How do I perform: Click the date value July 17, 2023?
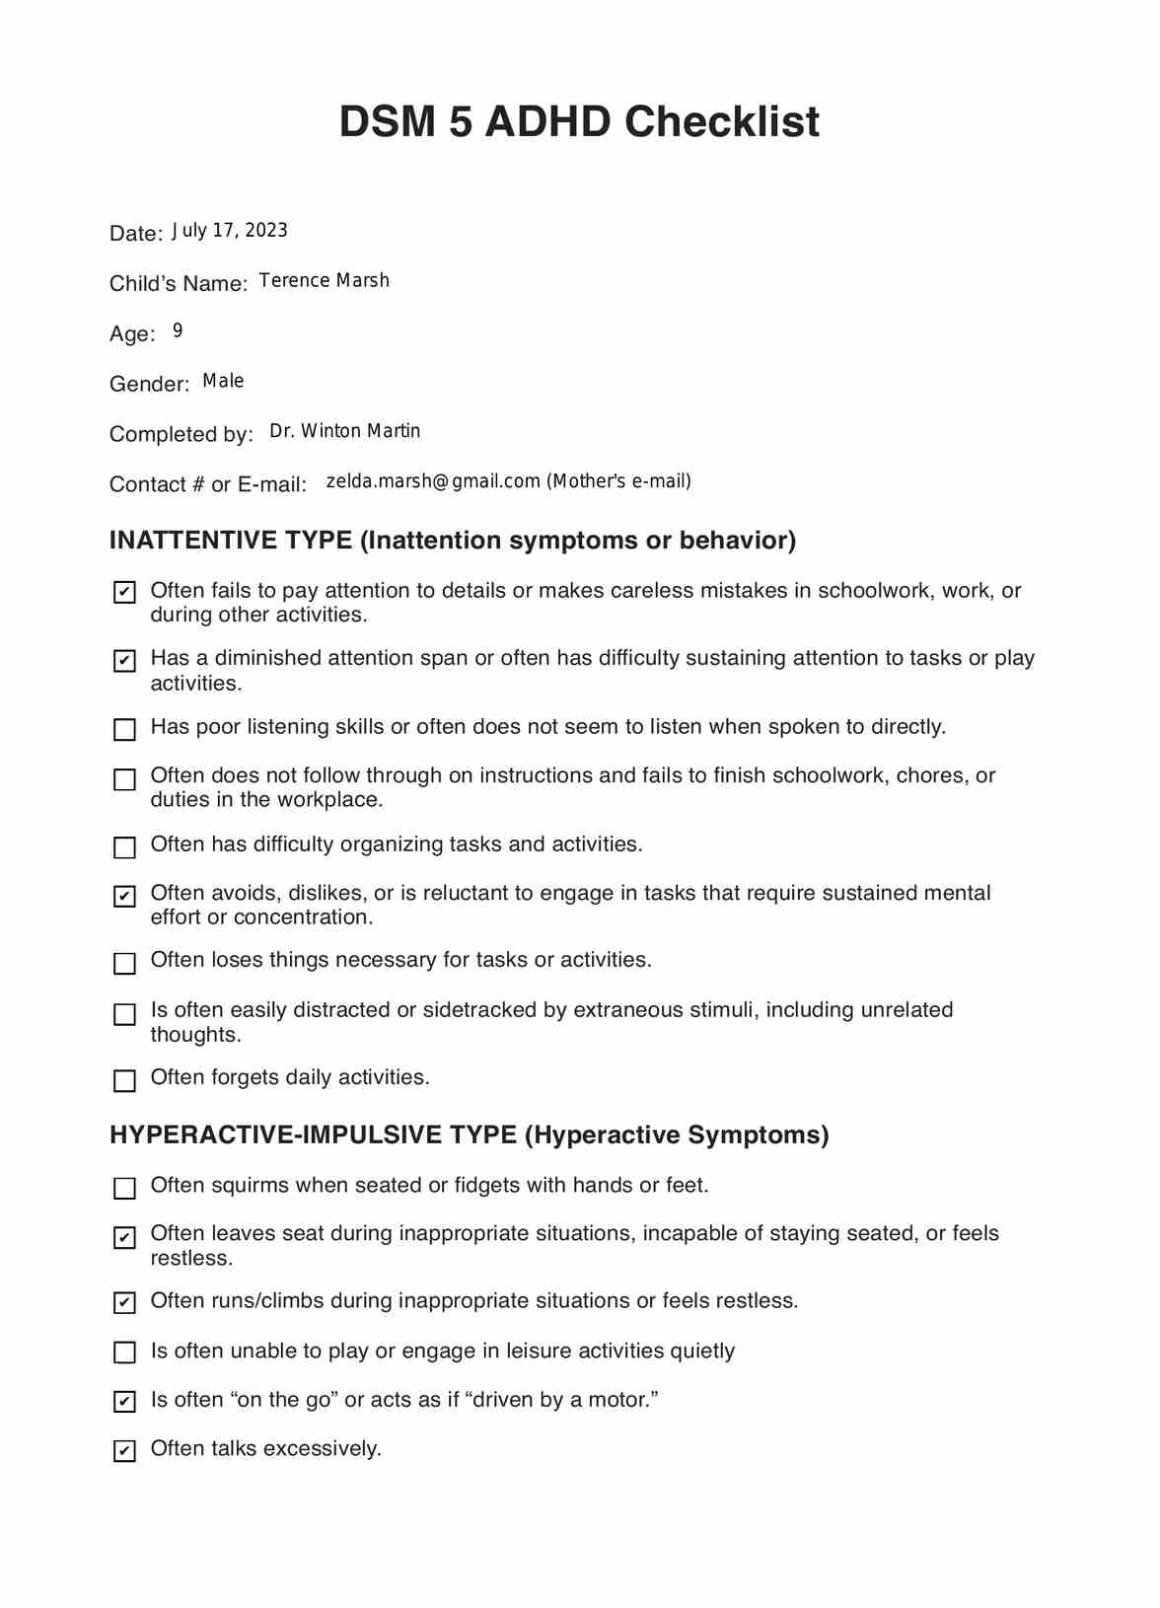[230, 231]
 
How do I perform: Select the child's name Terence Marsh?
[324, 281]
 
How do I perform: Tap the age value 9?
[178, 330]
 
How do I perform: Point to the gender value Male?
[223, 382]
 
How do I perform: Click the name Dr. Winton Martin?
[344, 431]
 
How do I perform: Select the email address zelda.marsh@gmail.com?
[433, 481]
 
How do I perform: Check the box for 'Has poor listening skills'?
[124, 730]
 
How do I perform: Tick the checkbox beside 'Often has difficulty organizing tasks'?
[124, 847]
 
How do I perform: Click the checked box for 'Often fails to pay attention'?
[124, 593]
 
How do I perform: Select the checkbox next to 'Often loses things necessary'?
[124, 964]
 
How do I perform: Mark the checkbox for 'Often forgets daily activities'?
[124, 1081]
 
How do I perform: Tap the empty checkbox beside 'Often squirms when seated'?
[124, 1189]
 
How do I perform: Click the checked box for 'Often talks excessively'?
[124, 1451]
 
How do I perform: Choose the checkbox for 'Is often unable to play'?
[124, 1352]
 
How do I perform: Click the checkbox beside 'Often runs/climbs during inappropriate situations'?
[124, 1303]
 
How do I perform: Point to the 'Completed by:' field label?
[181, 435]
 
